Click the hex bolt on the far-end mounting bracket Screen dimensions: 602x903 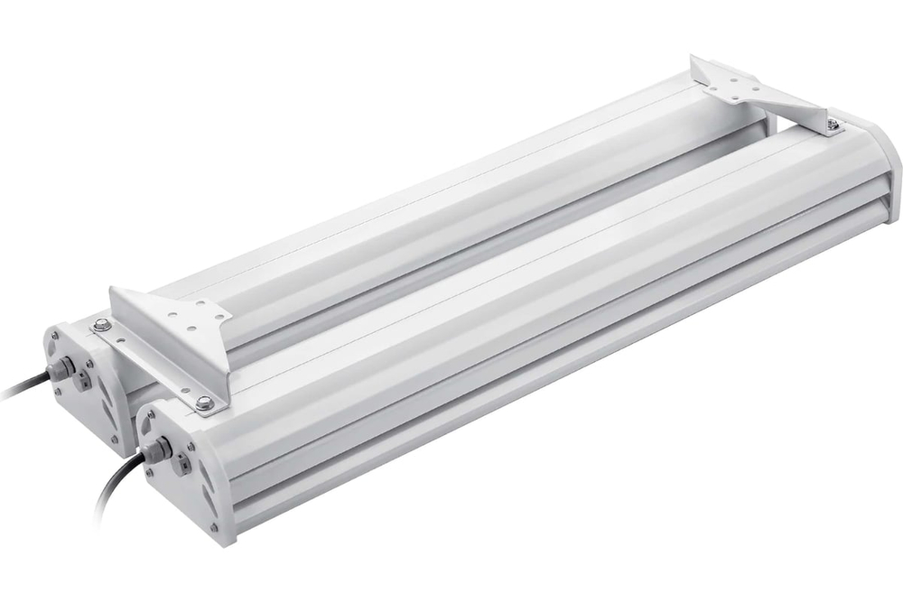point(833,125)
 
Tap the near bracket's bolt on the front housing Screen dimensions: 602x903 point(205,403)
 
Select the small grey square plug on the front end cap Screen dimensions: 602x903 point(183,464)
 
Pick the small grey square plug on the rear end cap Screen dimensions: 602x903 point(83,381)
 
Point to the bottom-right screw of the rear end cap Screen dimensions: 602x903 point(114,439)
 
